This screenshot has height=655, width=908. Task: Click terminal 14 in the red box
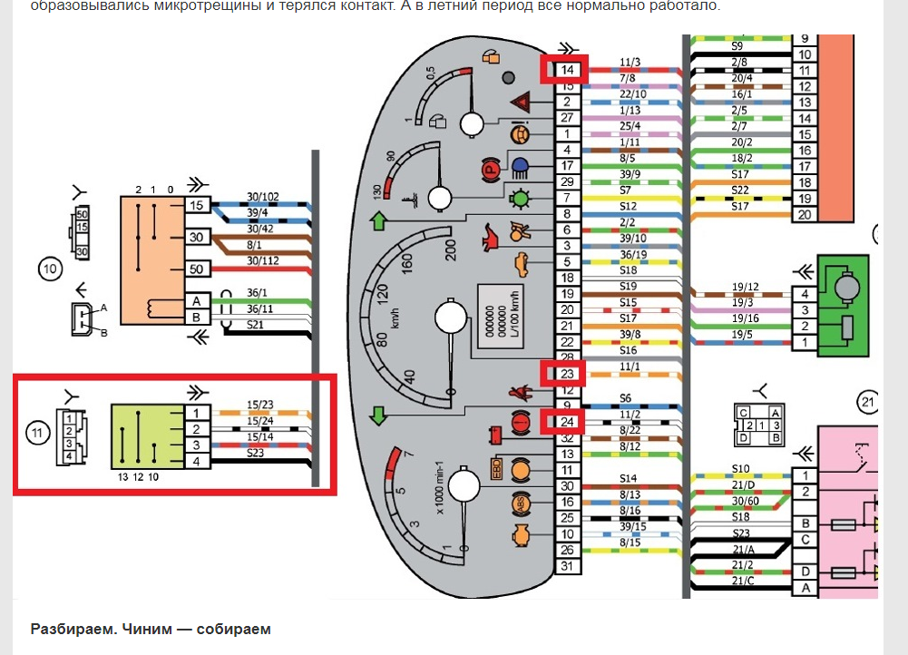point(566,70)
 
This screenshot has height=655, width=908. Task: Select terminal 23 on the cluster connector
point(566,374)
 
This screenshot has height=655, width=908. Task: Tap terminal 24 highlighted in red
point(566,422)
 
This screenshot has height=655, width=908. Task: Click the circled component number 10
point(49,268)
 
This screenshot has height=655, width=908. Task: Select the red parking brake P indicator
point(492,169)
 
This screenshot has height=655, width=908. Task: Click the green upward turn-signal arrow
point(378,220)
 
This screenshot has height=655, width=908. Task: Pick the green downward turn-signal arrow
point(378,417)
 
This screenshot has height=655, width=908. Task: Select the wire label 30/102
point(264,196)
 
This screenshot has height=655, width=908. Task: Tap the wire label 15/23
point(260,406)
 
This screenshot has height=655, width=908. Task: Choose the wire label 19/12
point(745,287)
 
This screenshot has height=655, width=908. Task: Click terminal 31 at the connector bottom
point(567,567)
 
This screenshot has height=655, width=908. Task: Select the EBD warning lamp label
point(496,469)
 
